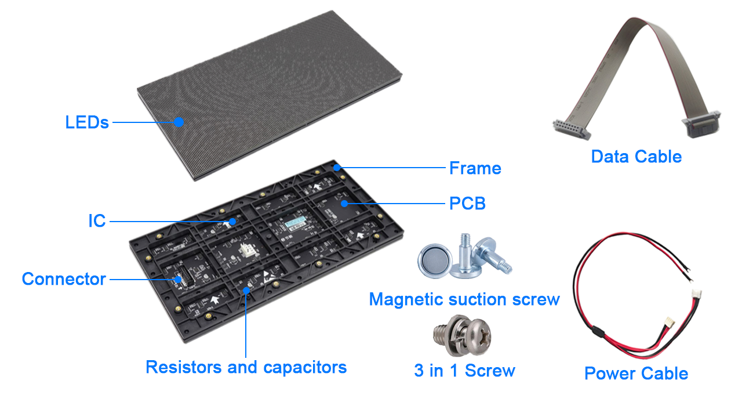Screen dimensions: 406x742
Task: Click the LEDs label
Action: pos(87,122)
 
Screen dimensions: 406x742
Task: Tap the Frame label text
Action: pos(475,168)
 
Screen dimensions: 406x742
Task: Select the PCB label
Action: pos(467,204)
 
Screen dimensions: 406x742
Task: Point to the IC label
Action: pos(97,221)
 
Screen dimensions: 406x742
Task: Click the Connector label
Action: pos(64,279)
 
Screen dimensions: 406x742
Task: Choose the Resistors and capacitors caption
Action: pos(246,367)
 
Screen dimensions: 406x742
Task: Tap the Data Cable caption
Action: pos(636,157)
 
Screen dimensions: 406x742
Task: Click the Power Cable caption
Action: pos(636,374)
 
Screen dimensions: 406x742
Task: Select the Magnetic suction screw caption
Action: pos(464,299)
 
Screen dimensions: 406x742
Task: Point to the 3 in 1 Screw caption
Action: pos(464,371)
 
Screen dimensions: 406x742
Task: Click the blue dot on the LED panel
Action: pos(179,122)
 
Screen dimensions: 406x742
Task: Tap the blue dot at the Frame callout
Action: pos(337,168)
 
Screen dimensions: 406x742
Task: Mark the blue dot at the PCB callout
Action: pos(344,204)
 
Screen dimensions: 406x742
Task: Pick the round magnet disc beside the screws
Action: pos(435,260)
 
